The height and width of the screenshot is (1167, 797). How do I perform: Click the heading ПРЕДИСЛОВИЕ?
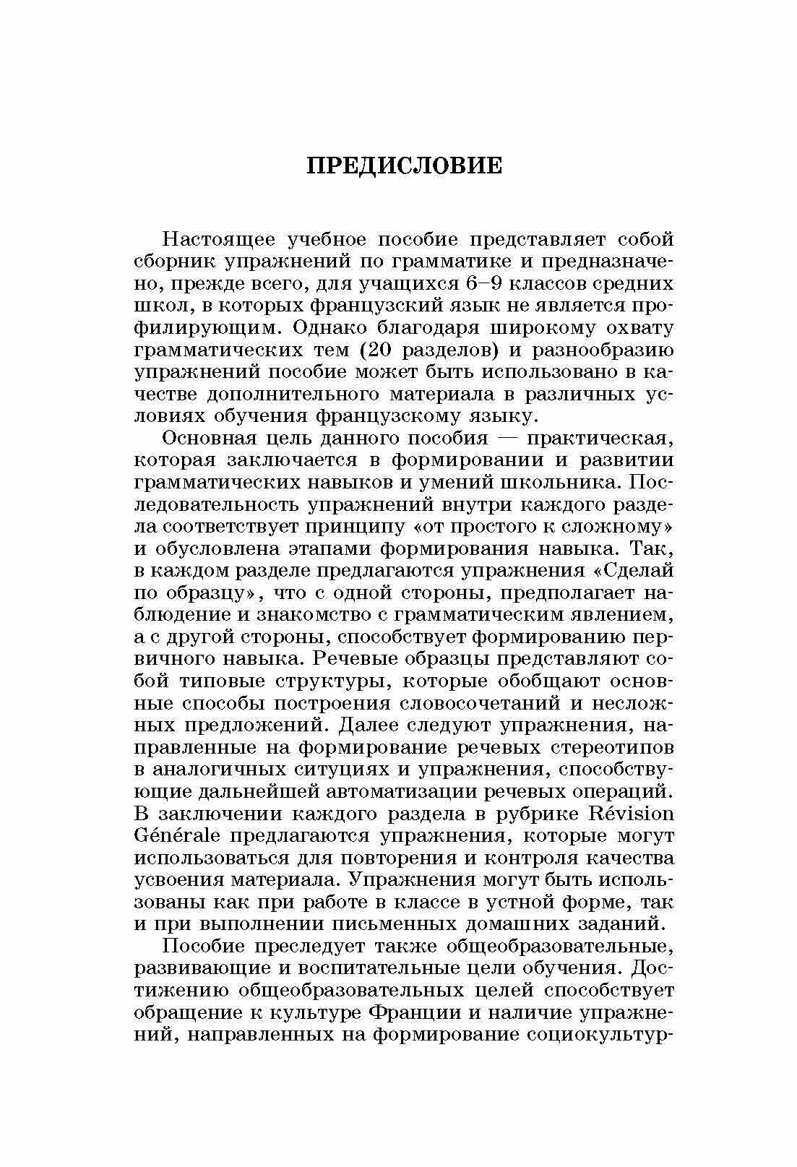pos(405,165)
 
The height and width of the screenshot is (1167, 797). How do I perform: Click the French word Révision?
pos(632,814)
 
